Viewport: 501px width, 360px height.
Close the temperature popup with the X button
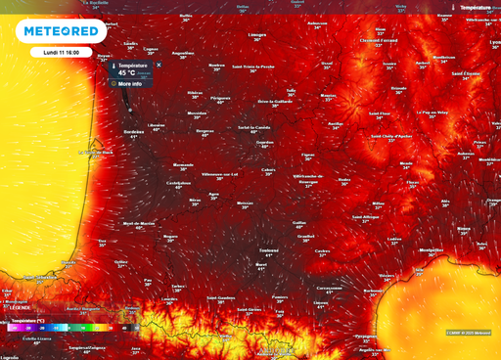(159, 65)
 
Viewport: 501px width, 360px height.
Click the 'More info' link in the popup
(129, 84)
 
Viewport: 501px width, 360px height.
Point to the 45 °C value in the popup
(127, 72)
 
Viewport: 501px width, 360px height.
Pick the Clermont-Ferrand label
(376, 41)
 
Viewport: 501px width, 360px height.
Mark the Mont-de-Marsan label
(138, 223)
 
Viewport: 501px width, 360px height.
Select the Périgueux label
(221, 98)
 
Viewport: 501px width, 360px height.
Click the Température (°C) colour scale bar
(68, 328)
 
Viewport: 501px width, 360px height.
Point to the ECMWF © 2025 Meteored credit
(469, 333)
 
